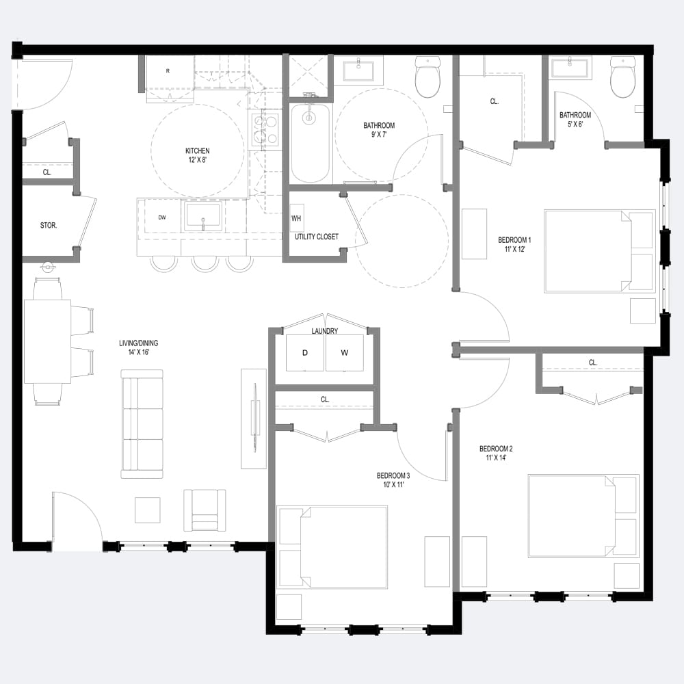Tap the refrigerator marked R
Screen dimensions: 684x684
click(168, 76)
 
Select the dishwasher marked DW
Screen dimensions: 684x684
click(162, 218)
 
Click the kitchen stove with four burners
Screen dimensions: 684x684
click(265, 129)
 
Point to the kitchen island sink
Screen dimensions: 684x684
click(203, 216)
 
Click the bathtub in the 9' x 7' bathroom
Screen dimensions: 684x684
click(310, 142)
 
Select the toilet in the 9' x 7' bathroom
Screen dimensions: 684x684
click(428, 77)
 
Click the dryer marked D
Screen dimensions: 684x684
click(304, 353)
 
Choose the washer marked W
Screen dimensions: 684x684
click(344, 353)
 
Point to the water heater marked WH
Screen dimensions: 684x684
click(296, 219)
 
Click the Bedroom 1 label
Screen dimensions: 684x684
click(514, 244)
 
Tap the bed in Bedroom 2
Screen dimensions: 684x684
click(583, 516)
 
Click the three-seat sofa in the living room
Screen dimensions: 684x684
click(142, 424)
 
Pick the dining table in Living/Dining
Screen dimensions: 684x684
click(47, 341)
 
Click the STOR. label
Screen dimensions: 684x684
click(49, 224)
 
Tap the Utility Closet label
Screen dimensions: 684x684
click(316, 237)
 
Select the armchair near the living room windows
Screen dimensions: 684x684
click(205, 510)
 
